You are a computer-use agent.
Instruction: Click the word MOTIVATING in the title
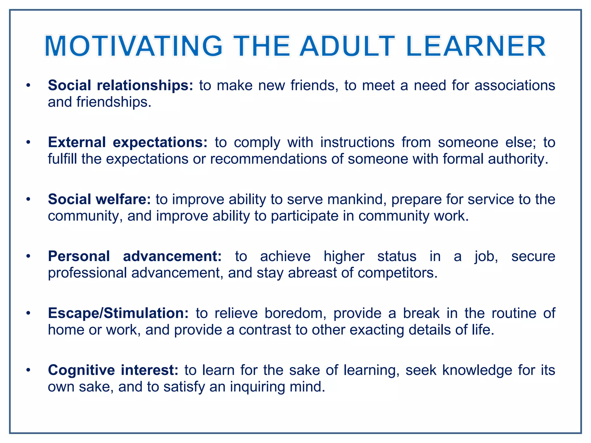pos(134,46)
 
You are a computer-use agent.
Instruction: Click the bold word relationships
pos(145,86)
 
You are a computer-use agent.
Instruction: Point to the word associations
pos(515,86)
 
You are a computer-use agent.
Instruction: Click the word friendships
pos(114,102)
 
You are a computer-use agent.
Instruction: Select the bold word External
pos(77,142)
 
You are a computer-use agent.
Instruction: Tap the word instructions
pos(357,142)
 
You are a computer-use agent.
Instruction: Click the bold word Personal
pos(79,256)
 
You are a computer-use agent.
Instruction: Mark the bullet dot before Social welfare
pos(28,199)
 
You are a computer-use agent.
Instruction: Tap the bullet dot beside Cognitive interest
pos(28,370)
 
